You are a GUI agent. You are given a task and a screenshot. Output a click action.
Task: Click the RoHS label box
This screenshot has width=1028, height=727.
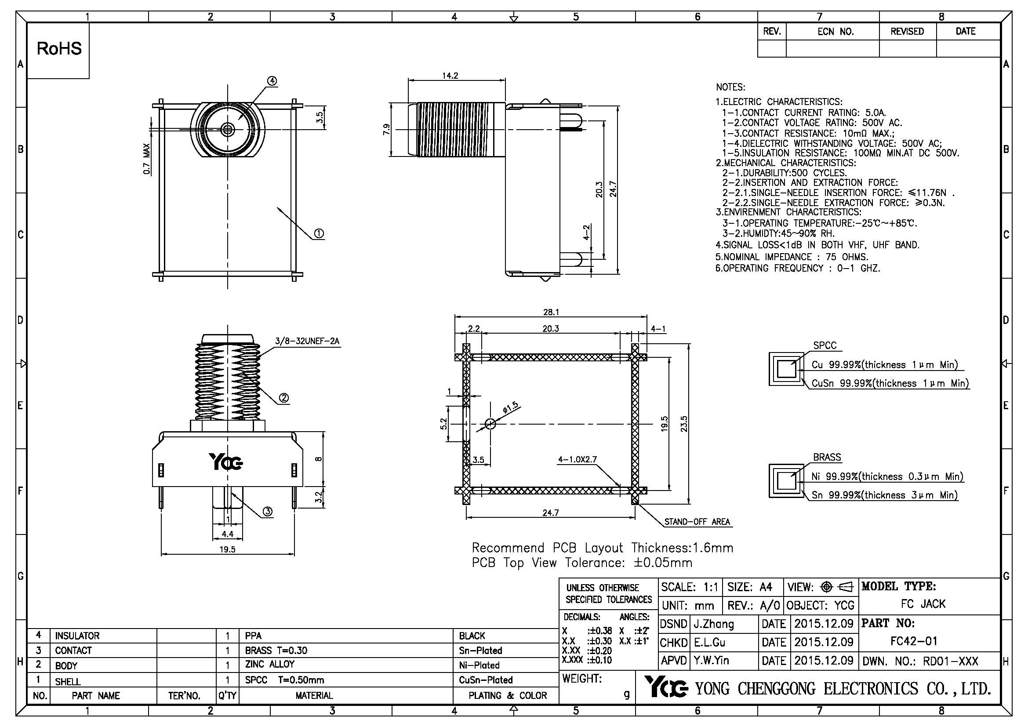(58, 49)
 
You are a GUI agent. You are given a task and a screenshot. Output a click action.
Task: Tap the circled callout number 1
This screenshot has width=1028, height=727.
(319, 233)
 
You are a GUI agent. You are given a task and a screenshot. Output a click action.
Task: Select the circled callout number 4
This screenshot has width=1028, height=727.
(272, 81)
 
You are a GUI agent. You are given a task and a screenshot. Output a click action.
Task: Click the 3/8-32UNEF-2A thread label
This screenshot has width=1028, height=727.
(307, 341)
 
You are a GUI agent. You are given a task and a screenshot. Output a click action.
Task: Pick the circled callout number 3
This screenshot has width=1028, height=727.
(267, 511)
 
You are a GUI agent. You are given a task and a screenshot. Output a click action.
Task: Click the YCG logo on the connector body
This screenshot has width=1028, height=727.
(226, 462)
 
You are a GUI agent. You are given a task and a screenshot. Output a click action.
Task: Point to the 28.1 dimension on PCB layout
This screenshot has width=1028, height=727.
(551, 312)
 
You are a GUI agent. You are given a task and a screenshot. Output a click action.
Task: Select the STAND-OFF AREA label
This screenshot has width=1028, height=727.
(697, 522)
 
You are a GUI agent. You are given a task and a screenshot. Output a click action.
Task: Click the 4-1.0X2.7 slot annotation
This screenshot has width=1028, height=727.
(577, 459)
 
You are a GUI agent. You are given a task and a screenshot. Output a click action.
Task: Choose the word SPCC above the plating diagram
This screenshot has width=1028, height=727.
(824, 345)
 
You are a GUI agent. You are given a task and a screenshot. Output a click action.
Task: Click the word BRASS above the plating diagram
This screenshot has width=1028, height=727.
(827, 457)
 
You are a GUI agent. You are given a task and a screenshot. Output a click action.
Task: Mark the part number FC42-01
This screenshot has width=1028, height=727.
(913, 641)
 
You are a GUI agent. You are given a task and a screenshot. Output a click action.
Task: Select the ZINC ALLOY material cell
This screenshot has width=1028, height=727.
(269, 664)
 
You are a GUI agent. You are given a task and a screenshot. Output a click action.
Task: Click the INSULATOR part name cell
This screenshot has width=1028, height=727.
(77, 636)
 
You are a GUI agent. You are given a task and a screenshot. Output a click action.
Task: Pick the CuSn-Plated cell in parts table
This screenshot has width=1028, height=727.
(485, 680)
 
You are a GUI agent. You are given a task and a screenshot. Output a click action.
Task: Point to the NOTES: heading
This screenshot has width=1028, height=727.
(730, 87)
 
